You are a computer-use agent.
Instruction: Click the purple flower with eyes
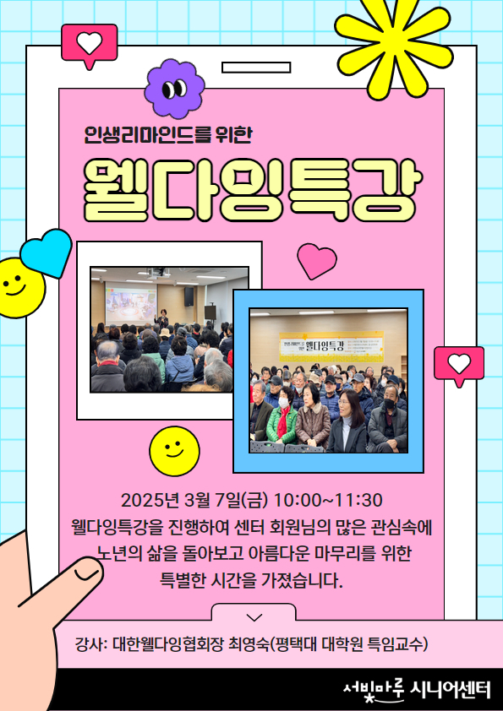coord(174,89)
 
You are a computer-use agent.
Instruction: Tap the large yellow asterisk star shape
coord(394,45)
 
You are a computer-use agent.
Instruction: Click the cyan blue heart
coord(46,252)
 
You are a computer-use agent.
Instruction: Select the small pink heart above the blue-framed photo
coord(316,261)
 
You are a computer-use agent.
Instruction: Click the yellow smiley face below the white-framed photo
coord(174,451)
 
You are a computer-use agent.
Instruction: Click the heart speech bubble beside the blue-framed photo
coord(459,366)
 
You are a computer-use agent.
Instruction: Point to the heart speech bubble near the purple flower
coord(90,46)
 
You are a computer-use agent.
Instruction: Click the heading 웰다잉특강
coord(250,189)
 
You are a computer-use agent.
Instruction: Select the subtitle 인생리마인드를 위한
coord(168,135)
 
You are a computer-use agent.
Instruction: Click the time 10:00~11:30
coord(328,500)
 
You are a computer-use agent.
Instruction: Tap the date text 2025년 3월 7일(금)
coord(194,500)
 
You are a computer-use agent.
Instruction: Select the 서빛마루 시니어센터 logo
coord(418,690)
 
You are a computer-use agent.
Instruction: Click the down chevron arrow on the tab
coord(254,617)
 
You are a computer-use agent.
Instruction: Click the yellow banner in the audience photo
coord(331,346)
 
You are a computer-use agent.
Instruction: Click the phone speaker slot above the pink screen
coord(256,68)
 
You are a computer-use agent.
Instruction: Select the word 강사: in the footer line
coord(90,644)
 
